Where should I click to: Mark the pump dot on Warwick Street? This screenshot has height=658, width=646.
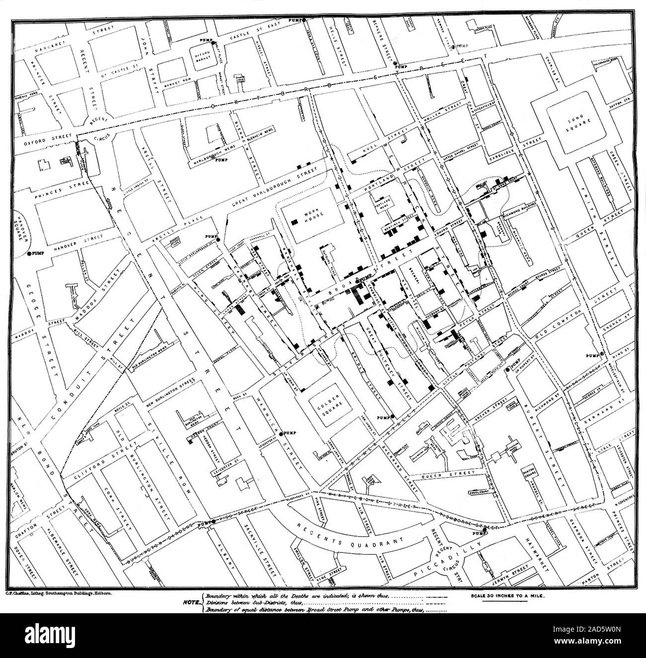[282, 431]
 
